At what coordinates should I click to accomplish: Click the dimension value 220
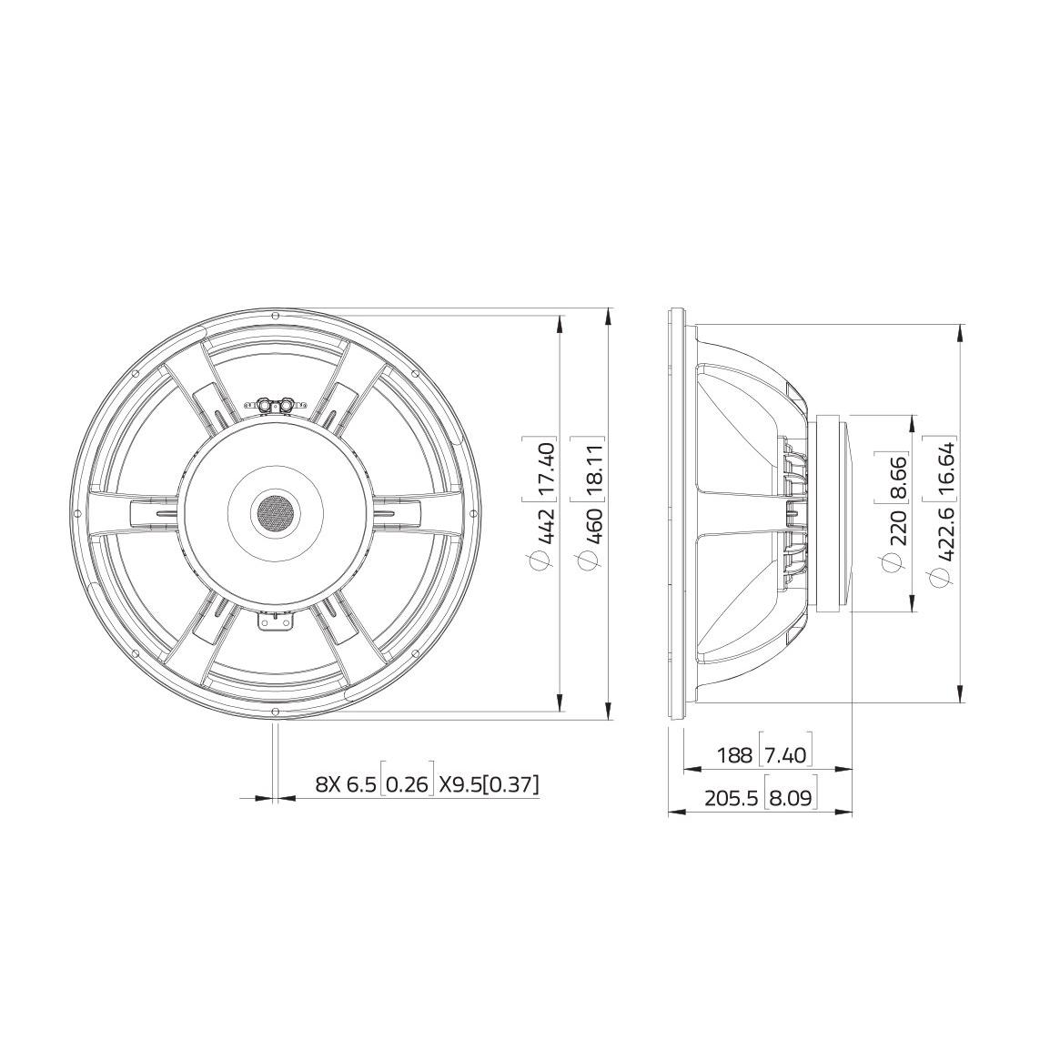click(x=897, y=528)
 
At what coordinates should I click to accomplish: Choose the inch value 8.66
click(x=897, y=475)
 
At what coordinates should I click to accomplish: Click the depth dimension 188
click(x=734, y=754)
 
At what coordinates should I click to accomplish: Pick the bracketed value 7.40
click(x=785, y=754)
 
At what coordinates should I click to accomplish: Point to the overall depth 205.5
click(x=731, y=799)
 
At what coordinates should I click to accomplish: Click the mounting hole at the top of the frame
click(x=273, y=315)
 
